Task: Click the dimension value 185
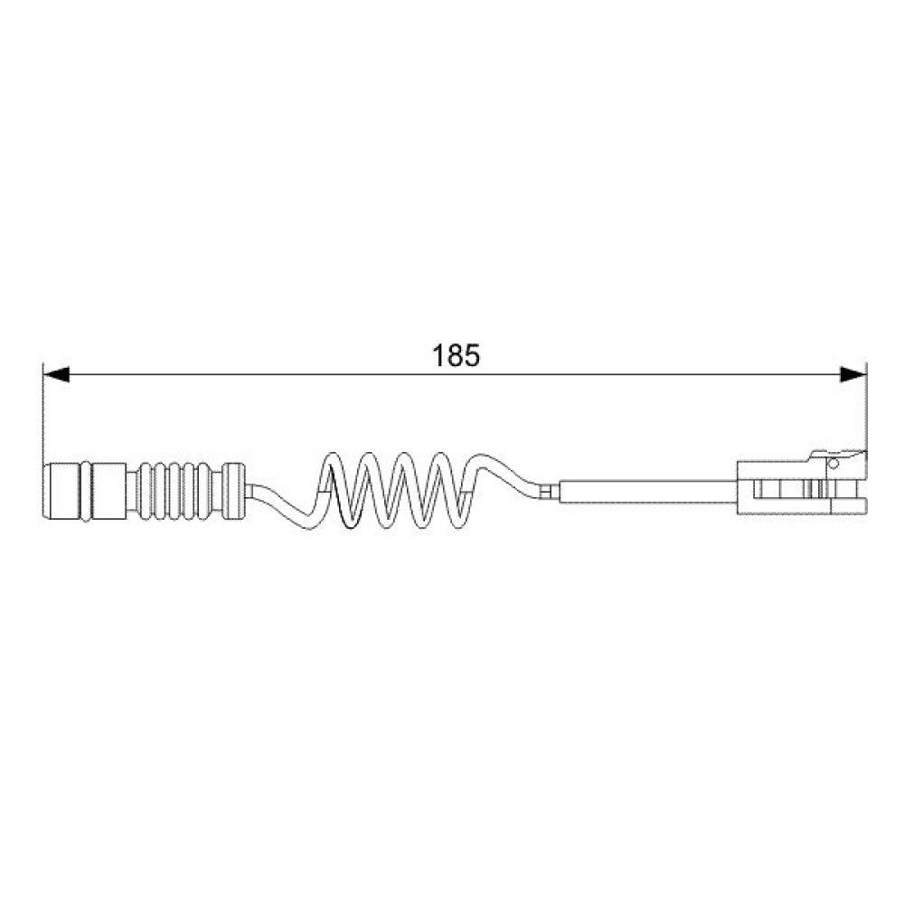[456, 355]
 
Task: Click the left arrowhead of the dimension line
[56, 375]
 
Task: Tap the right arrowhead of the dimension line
[853, 375]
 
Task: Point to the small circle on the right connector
[833, 464]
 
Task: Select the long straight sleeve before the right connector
[648, 491]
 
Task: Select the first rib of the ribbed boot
[145, 491]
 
